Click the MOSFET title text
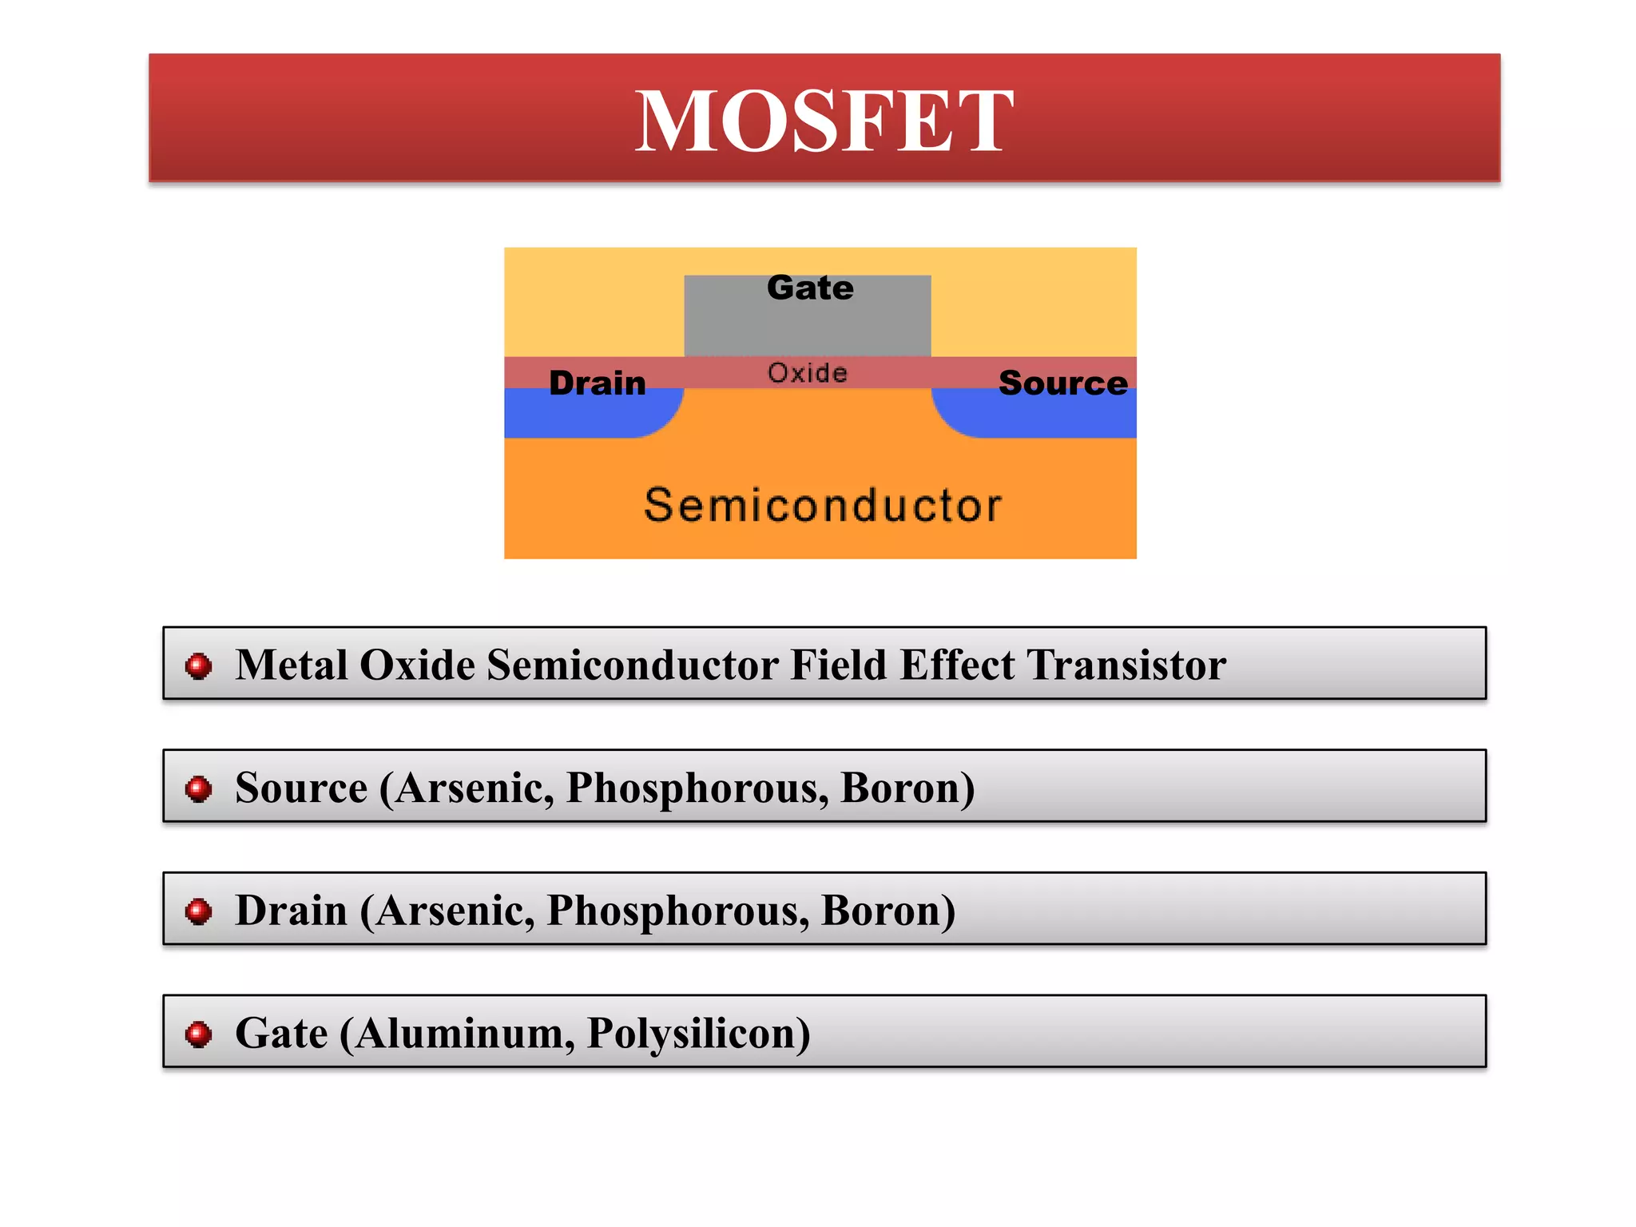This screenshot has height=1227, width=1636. coord(824,121)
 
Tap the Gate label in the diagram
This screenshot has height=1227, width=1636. coord(810,288)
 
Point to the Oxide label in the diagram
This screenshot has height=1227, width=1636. coord(808,373)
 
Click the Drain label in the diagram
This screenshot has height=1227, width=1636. coord(598,383)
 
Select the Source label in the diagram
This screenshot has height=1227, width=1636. coord(1063,383)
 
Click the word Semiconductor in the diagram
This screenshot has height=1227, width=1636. coord(823,506)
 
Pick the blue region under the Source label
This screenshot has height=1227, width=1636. coord(1054,417)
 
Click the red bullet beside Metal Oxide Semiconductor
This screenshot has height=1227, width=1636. coord(198,665)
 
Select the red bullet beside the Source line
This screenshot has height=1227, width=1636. coord(198,788)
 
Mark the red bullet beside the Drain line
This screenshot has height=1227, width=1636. coord(198,911)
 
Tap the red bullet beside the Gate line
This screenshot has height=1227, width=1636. coord(198,1034)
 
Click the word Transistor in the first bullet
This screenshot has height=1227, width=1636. coord(1126,665)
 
